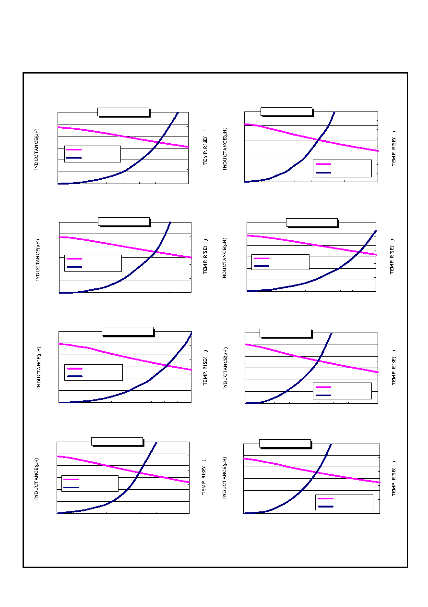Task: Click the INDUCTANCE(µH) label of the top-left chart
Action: coord(36,149)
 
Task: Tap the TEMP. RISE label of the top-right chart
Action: coord(393,148)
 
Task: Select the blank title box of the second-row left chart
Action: coord(124,222)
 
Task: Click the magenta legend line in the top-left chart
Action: coord(74,149)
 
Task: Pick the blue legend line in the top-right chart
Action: coord(323,173)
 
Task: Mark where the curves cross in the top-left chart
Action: coord(159,142)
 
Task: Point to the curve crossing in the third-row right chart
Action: coord(319,361)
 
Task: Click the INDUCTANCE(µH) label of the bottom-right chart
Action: coord(224,477)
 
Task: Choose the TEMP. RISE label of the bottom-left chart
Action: coord(204,477)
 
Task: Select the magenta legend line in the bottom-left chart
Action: coord(71,479)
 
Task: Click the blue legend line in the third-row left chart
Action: coord(75,376)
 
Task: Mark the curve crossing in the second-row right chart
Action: coord(359,252)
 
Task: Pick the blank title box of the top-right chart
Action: coord(286,111)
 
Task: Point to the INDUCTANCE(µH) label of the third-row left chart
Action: coord(39,368)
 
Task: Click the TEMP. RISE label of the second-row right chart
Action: coord(392,256)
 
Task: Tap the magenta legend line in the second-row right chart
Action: coord(262,258)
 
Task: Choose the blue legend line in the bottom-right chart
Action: coord(326,507)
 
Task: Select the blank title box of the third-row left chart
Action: coord(128,332)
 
